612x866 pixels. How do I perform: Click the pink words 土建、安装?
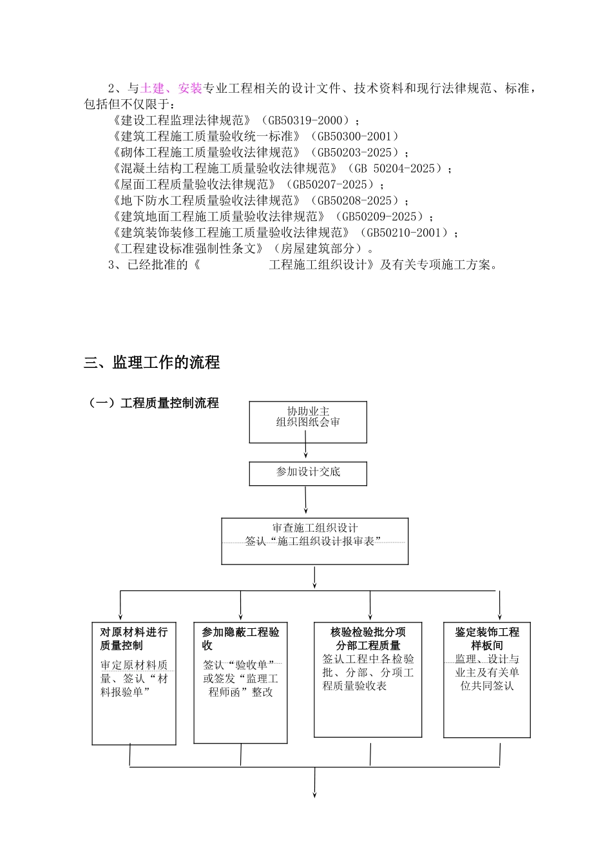coord(171,88)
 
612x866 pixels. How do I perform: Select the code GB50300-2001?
coord(355,137)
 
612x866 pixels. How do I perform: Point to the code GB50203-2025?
coord(355,153)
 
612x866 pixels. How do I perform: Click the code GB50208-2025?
coord(355,201)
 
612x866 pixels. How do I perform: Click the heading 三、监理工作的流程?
coord(152,363)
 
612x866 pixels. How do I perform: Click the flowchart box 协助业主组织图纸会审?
coord(308,422)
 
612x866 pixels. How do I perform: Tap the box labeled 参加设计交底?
coord(308,474)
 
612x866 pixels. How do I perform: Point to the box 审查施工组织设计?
coord(314,541)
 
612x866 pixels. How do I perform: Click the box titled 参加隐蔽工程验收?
coord(240,682)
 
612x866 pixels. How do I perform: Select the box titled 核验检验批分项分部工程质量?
coord(368,679)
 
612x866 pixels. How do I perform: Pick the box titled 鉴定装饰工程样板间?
coord(487,679)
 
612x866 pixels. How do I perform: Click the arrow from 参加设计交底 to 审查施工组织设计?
coord(306,500)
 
